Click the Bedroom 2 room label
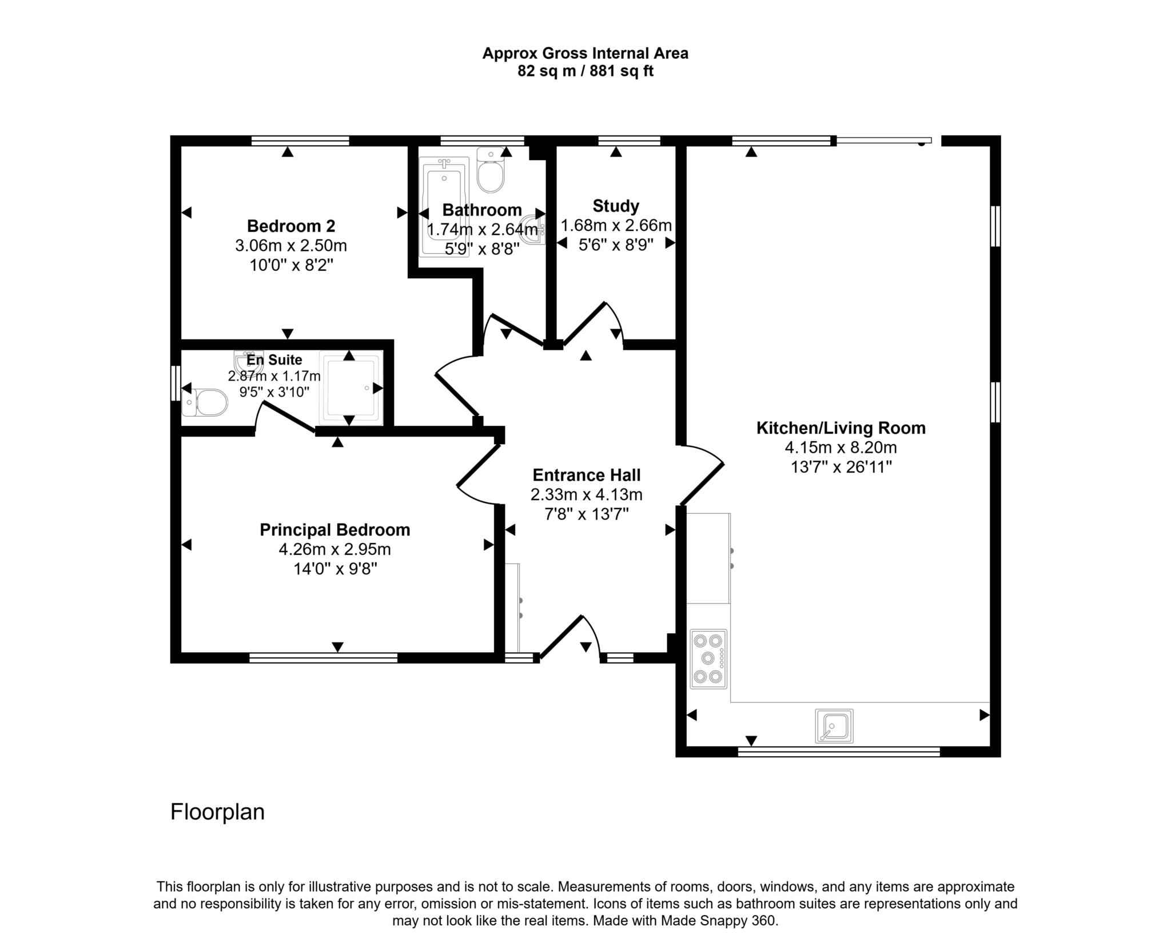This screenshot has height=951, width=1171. pyautogui.click(x=290, y=226)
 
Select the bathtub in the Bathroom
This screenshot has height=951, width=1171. pyautogui.click(x=444, y=206)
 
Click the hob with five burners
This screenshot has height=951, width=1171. pyautogui.click(x=708, y=659)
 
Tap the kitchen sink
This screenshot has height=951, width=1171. pyautogui.click(x=834, y=726)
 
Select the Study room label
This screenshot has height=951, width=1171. pyautogui.click(x=616, y=206)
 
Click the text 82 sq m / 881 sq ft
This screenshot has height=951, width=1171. pyautogui.click(x=585, y=71)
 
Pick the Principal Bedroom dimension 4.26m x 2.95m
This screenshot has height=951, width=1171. pyautogui.click(x=334, y=549)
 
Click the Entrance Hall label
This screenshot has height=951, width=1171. pyautogui.click(x=586, y=475)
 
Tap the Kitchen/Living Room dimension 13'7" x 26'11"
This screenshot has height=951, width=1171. pyautogui.click(x=841, y=467)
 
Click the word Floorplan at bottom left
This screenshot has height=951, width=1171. pyautogui.click(x=217, y=812)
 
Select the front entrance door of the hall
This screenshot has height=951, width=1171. pyautogui.click(x=562, y=637)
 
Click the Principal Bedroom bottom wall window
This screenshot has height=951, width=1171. pyautogui.click(x=323, y=658)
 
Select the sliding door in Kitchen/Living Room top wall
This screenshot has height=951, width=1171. pyautogui.click(x=883, y=140)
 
